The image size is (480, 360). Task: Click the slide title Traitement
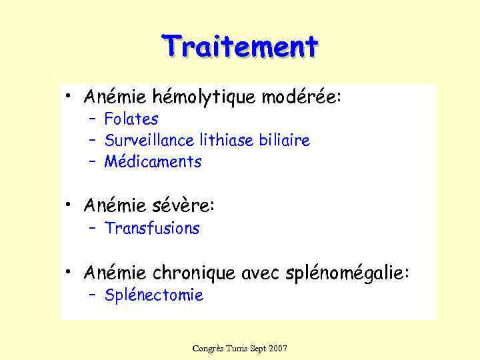coord(240,47)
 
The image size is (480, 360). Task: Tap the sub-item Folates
coord(131,119)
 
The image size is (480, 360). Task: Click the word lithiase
coord(225,141)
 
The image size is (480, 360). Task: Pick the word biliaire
coord(285,141)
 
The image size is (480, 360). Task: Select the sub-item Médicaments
coord(153,161)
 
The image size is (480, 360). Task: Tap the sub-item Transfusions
coord(152,229)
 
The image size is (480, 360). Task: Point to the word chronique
coord(194,273)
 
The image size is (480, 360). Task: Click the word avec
coord(261,273)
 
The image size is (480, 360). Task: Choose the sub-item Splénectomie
coord(154,295)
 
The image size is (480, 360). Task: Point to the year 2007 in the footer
coord(277,349)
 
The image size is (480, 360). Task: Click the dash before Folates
coord(92,119)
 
